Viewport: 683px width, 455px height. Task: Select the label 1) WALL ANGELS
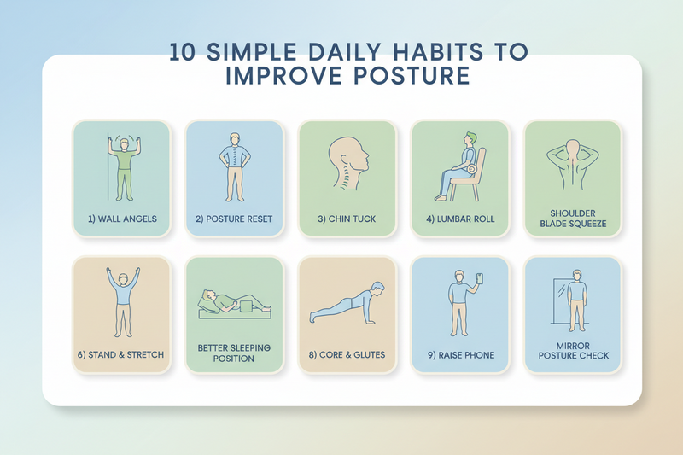point(122,219)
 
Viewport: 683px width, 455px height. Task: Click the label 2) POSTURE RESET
point(234,219)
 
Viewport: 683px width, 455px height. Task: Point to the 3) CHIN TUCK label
point(347,219)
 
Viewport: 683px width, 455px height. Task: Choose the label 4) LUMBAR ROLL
point(460,219)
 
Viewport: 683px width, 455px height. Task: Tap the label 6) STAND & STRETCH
point(122,354)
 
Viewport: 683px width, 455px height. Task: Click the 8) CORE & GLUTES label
point(347,354)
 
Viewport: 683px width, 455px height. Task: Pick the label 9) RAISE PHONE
point(460,354)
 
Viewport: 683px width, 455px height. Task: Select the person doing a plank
point(347,305)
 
